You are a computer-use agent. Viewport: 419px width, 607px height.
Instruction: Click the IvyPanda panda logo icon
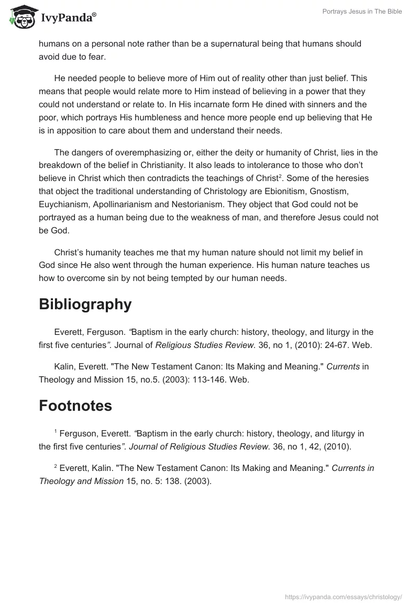[21, 17]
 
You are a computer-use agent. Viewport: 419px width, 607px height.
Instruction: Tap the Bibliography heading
[85, 304]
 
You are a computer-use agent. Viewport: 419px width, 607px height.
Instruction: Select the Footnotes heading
[75, 406]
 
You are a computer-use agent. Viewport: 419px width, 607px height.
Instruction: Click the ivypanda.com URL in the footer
[343, 596]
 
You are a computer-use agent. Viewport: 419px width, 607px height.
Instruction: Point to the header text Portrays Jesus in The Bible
[362, 12]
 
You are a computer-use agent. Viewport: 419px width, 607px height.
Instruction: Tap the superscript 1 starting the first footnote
[56, 431]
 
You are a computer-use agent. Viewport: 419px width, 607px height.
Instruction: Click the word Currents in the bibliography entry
[343, 367]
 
